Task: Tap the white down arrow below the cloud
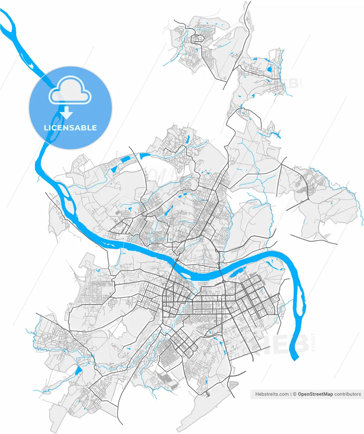(x=67, y=113)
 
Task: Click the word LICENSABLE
(x=70, y=128)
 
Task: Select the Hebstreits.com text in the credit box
(x=272, y=394)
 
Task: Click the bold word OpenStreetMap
(x=315, y=394)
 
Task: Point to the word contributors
(x=347, y=394)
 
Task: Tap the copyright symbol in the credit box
(x=295, y=394)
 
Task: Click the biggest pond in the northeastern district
(x=269, y=69)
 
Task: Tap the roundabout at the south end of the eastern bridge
(x=224, y=282)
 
